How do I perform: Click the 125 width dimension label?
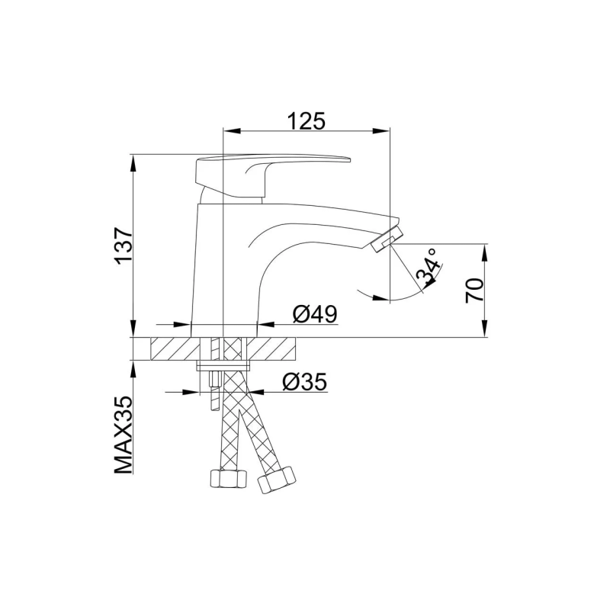coord(307,120)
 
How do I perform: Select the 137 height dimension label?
coord(124,246)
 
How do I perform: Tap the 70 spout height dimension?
coord(474,291)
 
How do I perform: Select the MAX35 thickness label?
coord(124,435)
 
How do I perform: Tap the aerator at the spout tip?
coord(387,239)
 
